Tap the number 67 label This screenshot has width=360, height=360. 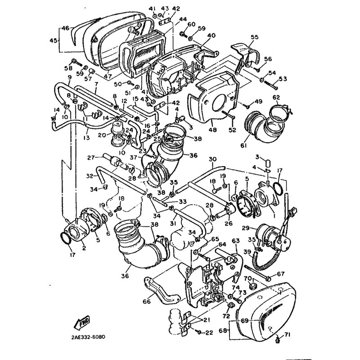(281, 274)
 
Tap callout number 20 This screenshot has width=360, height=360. (102, 134)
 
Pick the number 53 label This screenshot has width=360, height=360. (283, 79)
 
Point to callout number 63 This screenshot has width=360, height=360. (235, 241)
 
